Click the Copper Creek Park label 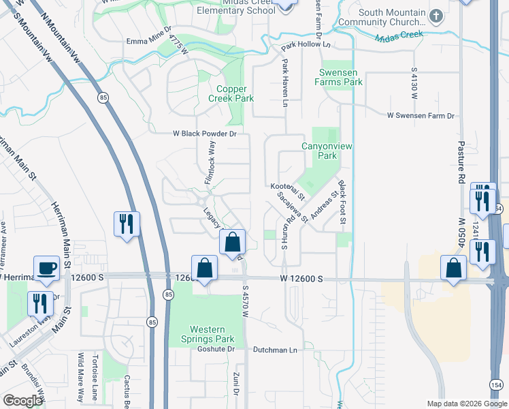pos(235,93)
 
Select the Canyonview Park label pos(319,151)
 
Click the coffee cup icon pos(46,268)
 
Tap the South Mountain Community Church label pos(391,18)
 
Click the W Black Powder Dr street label pos(204,134)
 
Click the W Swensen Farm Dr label pos(421,117)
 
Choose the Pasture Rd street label pos(461,161)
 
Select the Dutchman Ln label pos(275,350)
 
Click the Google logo pos(22,401)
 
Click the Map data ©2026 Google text pos(466,404)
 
